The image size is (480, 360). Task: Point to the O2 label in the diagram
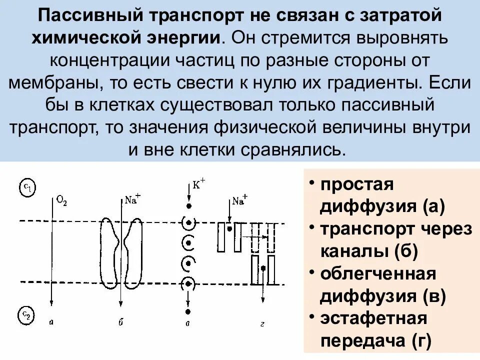click(61, 201)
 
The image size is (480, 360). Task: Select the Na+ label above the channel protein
click(132, 198)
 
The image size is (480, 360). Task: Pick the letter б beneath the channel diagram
click(120, 322)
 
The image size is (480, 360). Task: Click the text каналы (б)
click(368, 251)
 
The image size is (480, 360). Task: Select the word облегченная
click(378, 274)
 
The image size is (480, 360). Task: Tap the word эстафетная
click(373, 318)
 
